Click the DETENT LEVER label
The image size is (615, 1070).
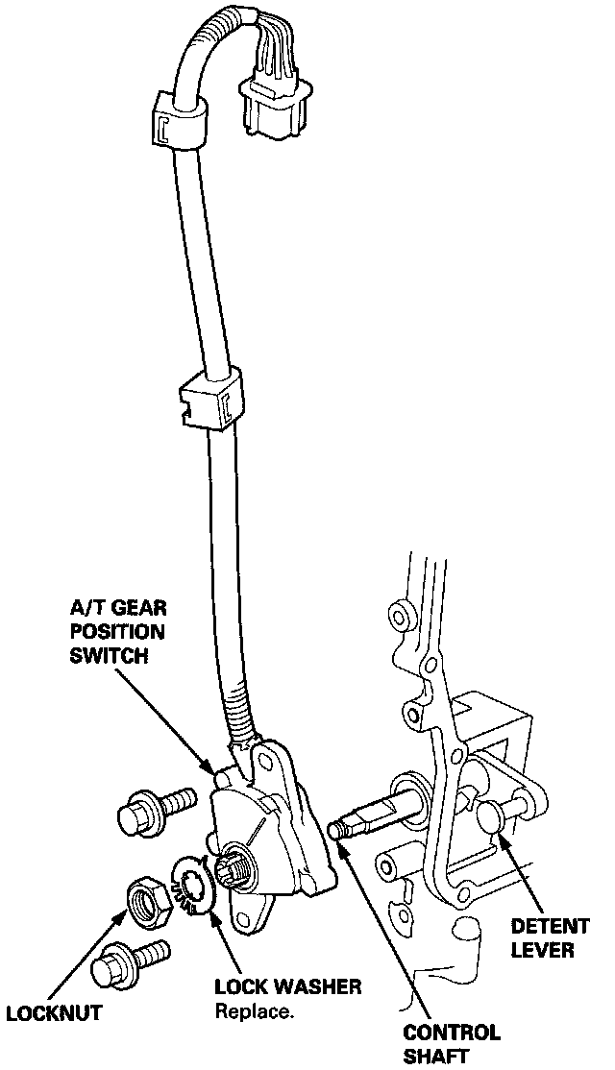point(550,938)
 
